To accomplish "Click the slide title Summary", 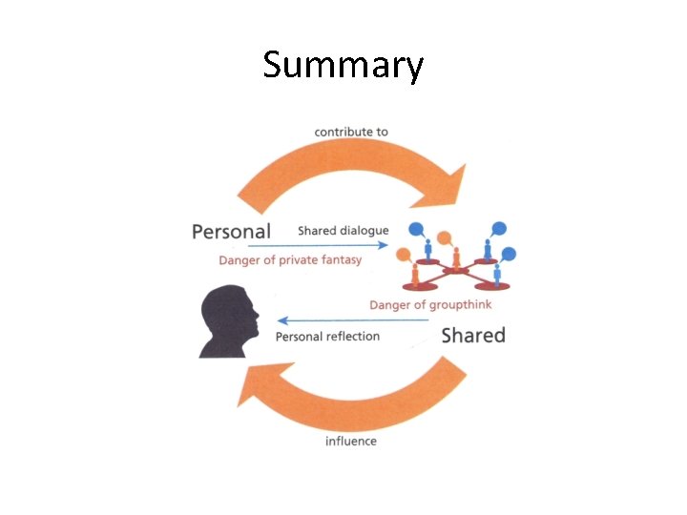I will [343, 67].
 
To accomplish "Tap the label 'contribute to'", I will [351, 132].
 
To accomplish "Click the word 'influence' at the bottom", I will [350, 441].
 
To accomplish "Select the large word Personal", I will [231, 231].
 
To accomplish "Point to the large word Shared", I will [473, 335].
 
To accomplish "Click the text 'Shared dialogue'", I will [343, 231].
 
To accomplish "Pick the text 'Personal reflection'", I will [327, 336].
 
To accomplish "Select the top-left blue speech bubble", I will [418, 230].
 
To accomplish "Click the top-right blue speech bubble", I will [497, 230].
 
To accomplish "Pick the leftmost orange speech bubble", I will [404, 255].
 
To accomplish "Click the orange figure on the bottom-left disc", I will [415, 274].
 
